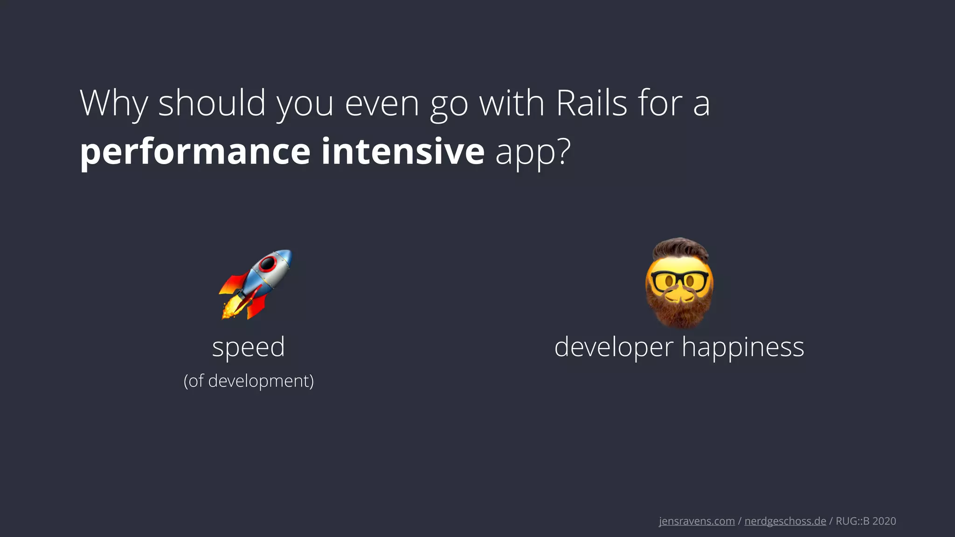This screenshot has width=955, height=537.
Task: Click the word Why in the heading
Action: point(114,103)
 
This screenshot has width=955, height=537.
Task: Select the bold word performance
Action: point(195,152)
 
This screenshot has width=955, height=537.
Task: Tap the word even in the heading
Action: point(382,103)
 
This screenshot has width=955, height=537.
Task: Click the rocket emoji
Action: point(256,284)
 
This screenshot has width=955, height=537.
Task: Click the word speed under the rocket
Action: point(248,347)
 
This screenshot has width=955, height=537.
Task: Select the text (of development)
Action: point(249,381)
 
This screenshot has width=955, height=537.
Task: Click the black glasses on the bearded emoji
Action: point(679,280)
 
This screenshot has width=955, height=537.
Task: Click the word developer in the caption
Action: point(614,347)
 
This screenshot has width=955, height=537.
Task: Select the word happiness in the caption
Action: point(743,347)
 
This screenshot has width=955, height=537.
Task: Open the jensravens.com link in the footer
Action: point(697,521)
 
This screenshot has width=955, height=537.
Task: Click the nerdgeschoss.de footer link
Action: point(785,521)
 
